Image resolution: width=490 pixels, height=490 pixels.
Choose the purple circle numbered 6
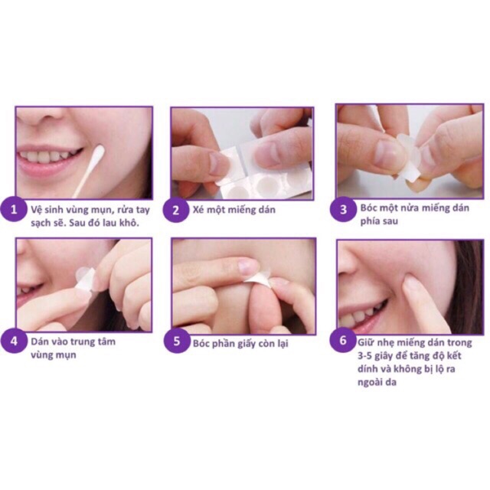348,341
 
